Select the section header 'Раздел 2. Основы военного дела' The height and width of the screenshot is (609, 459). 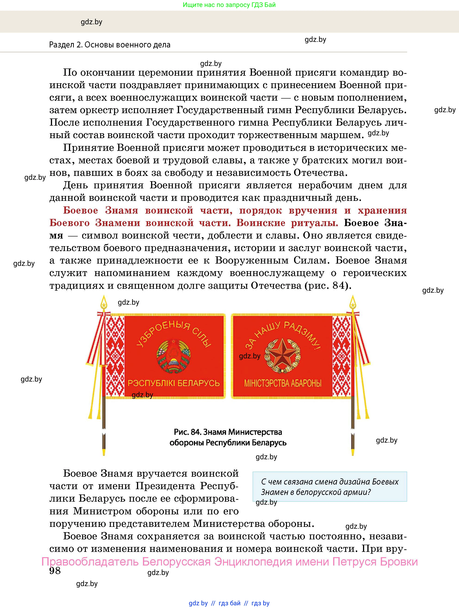(x=110, y=45)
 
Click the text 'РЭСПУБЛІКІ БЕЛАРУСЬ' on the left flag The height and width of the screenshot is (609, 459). (x=174, y=383)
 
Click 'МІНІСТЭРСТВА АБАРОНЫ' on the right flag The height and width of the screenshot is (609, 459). (x=283, y=383)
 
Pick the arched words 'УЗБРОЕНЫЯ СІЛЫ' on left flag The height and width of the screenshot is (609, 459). (x=174, y=334)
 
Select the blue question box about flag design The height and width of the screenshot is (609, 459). (x=330, y=487)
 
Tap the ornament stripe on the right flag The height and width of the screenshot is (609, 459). (x=342, y=356)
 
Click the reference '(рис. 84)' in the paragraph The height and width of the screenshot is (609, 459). (x=328, y=286)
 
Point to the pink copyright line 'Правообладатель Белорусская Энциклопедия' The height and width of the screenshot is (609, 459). (x=229, y=561)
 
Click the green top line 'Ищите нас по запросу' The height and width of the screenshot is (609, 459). (x=229, y=5)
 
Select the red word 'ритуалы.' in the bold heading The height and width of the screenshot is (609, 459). (x=314, y=223)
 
